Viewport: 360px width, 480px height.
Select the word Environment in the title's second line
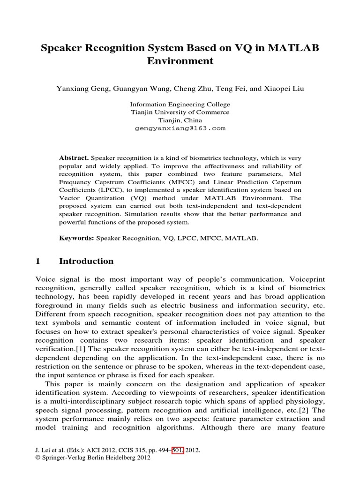[180, 61]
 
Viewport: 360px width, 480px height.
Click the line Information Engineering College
[180, 105]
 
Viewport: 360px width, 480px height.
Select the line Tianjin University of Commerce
[180, 112]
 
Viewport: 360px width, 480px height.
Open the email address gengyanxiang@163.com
[180, 127]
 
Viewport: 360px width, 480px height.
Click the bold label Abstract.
[74, 158]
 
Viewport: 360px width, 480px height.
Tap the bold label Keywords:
[76, 238]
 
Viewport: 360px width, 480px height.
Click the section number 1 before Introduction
[38, 261]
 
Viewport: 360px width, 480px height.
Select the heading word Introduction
[86, 261]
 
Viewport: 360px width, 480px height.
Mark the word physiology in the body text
[304, 401]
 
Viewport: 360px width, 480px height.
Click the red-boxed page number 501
[179, 450]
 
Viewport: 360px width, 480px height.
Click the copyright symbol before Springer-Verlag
[38, 458]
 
